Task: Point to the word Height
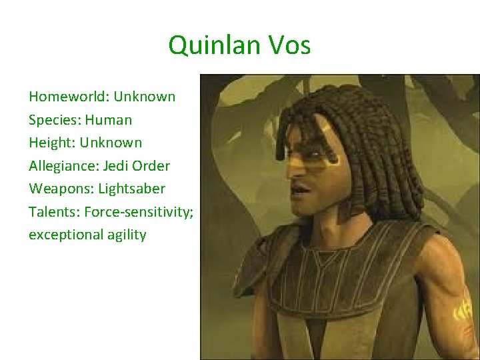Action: pyautogui.click(x=49, y=143)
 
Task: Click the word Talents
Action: pyautogui.click(x=51, y=212)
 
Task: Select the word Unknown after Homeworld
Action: pyautogui.click(x=145, y=97)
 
